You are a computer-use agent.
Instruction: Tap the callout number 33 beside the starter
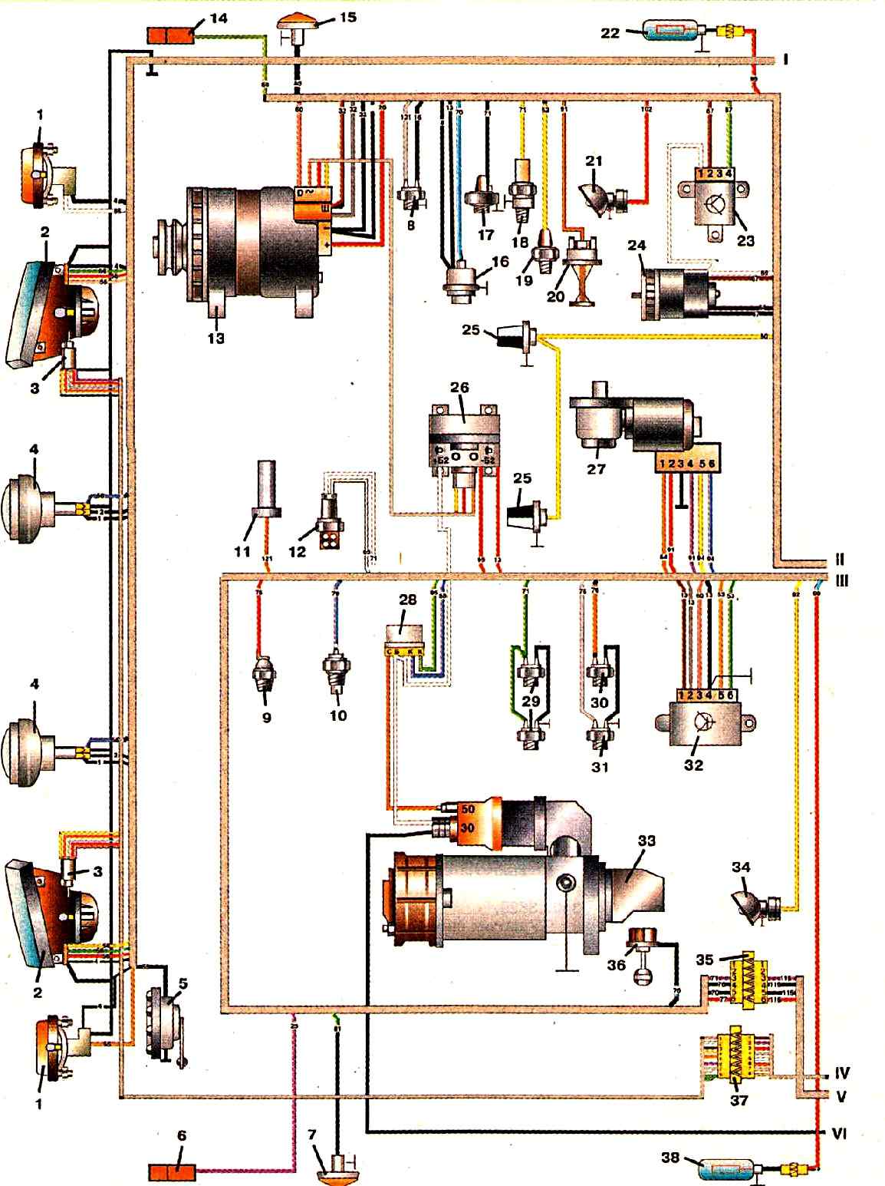point(646,841)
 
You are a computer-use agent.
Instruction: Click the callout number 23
point(745,240)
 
